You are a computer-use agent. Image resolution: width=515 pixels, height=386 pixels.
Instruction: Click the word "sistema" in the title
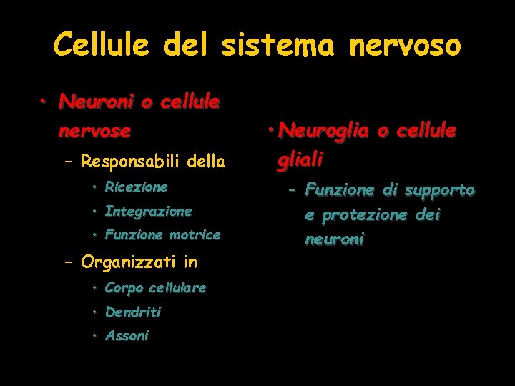pos(277,45)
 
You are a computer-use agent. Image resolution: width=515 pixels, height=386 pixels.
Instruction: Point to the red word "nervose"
pos(94,132)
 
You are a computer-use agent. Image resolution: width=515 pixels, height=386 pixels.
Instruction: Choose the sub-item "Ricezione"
pos(136,187)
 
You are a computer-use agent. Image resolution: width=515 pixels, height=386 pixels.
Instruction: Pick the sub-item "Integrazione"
pos(148,211)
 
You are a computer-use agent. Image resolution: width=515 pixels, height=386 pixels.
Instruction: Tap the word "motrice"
pos(195,234)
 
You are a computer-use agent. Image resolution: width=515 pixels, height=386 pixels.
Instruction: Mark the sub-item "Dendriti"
pos(132,312)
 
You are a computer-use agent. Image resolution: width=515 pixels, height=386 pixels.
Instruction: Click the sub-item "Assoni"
pos(127,335)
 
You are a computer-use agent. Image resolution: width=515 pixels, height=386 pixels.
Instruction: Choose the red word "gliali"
pos(300,159)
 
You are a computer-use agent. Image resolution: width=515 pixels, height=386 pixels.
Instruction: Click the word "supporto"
pos(439,190)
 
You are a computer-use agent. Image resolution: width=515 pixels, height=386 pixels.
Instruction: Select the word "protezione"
pos(370,215)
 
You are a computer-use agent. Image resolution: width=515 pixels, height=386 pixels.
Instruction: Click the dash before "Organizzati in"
pos(69,262)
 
